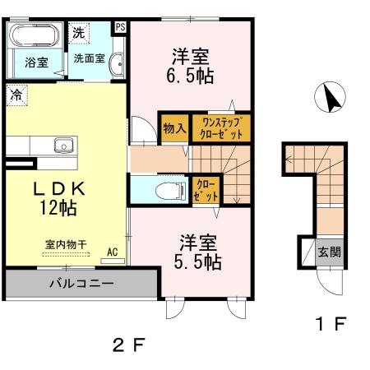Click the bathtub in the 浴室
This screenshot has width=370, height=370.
click(x=33, y=37)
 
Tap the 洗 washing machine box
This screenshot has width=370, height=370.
click(x=77, y=34)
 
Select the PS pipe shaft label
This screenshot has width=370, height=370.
click(x=121, y=26)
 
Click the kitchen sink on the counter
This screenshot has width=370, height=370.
click(x=63, y=146)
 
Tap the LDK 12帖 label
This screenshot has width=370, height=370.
click(x=55, y=198)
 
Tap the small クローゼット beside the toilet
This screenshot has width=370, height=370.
click(x=206, y=191)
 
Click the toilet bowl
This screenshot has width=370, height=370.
click(x=168, y=192)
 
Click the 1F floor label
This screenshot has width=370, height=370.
click(x=329, y=323)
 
